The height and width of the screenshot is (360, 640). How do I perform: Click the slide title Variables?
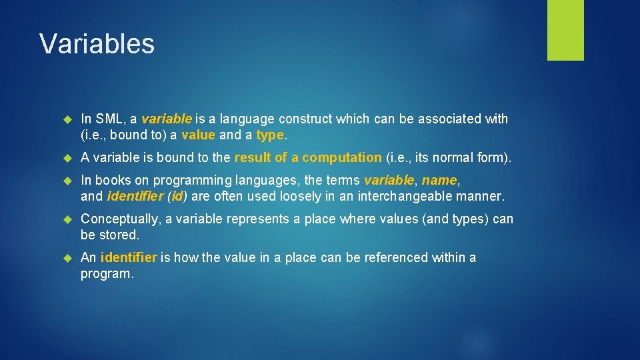coord(97,44)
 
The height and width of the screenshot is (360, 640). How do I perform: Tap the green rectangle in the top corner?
coord(565,29)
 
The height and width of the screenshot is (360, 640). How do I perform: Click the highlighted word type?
coord(270,135)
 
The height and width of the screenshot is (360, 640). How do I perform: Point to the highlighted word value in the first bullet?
coord(198,135)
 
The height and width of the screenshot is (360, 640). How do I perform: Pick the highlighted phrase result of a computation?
coord(308,158)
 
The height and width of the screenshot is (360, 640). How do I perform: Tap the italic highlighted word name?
coord(439,181)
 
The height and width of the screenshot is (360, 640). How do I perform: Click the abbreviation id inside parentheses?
coord(177,196)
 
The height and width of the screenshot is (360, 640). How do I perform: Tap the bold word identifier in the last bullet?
coord(129,258)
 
